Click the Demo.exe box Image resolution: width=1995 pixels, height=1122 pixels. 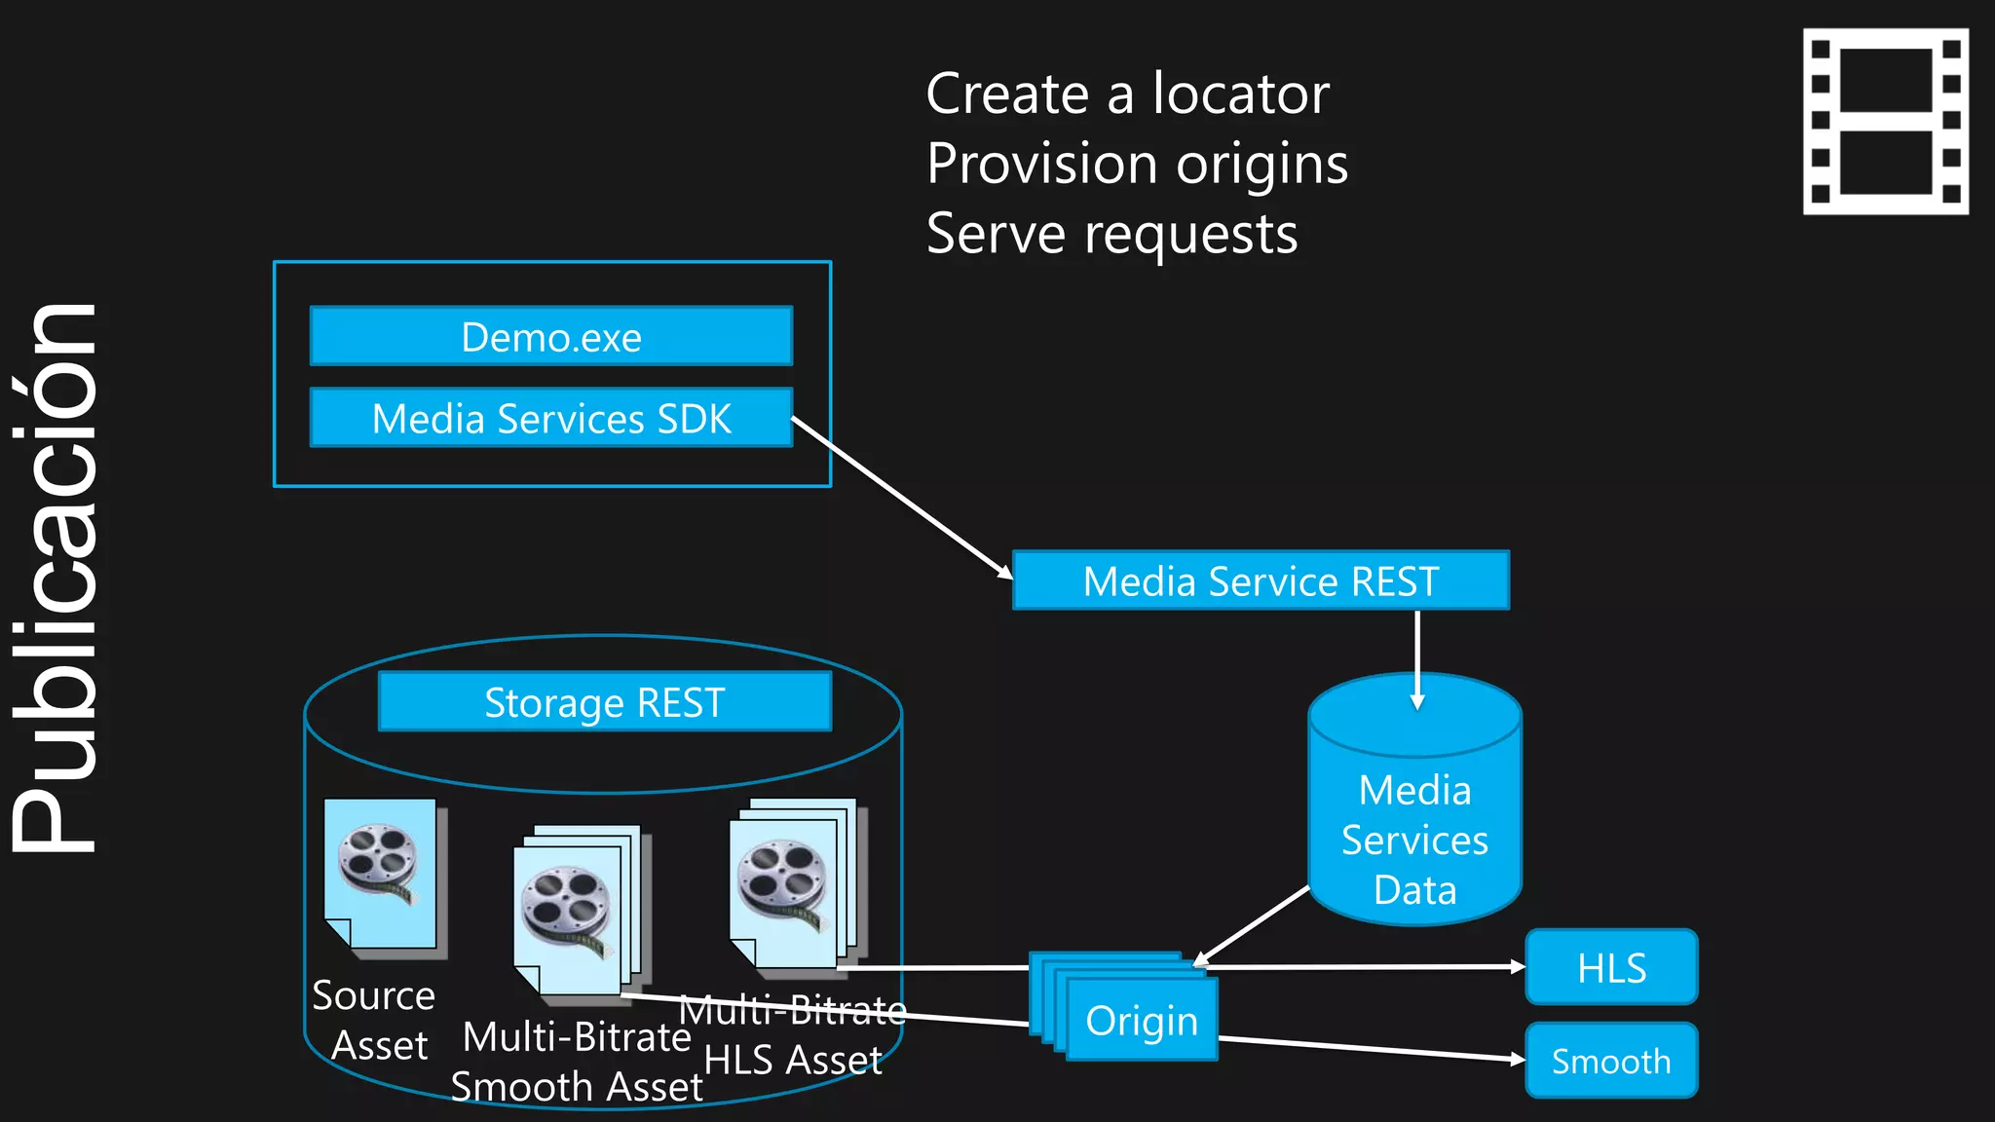[x=551, y=337]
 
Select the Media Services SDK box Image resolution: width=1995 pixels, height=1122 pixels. [x=551, y=419]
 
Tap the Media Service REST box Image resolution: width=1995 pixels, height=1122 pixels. [x=1261, y=581]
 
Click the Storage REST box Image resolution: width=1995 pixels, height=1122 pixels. [x=604, y=702]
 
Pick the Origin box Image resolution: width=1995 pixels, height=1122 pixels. [x=1142, y=1020]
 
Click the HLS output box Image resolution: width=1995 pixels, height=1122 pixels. [x=1611, y=967]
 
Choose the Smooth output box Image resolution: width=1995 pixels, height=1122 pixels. [x=1611, y=1061]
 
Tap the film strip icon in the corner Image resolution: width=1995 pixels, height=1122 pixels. [x=1885, y=121]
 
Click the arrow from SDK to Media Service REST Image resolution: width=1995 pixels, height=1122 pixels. [x=901, y=498]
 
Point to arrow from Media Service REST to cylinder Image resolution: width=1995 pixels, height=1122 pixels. [x=1417, y=657]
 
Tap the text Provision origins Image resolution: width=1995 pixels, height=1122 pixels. [x=1137, y=164]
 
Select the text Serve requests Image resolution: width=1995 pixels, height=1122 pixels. [x=1111, y=235]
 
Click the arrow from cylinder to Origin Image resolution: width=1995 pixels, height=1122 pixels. [x=1252, y=925]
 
